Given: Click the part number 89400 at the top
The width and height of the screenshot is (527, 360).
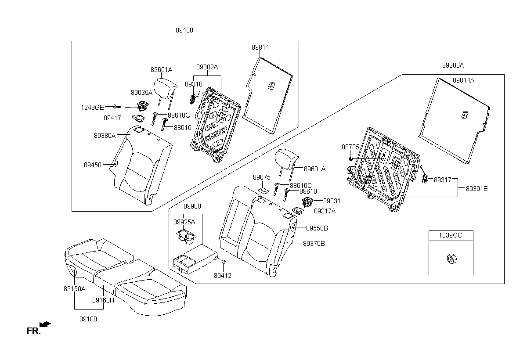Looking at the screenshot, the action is point(184,30).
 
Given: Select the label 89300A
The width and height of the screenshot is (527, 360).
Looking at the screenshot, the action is point(453,65).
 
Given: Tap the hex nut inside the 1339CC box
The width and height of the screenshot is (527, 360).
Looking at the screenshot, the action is point(451,259).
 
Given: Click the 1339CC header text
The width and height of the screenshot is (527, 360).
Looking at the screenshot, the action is point(451,235).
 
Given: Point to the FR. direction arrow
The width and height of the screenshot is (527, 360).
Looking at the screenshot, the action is point(45,324).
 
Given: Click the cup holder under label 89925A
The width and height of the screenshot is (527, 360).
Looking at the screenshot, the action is point(186,236).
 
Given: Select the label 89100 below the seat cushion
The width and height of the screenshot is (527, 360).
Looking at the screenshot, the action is point(88,319).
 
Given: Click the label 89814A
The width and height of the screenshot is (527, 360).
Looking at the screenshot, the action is point(463,80).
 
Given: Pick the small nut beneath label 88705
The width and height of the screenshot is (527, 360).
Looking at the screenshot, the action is point(350,159).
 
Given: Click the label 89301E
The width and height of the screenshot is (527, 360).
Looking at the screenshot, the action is point(477,189).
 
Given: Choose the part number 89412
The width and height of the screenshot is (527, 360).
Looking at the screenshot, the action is point(223,276).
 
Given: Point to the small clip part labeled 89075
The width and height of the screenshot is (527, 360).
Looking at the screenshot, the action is point(263,191).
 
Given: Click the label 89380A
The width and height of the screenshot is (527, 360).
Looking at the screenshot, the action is point(105,136).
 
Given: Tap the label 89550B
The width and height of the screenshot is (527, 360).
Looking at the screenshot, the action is point(317,228).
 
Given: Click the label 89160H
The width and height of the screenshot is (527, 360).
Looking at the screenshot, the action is point(103,300).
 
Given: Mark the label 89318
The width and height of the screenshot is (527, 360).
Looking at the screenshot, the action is point(193,84).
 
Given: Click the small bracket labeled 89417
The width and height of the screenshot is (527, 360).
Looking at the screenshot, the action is point(139,119).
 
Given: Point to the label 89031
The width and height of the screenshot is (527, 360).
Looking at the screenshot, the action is point(332,201).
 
